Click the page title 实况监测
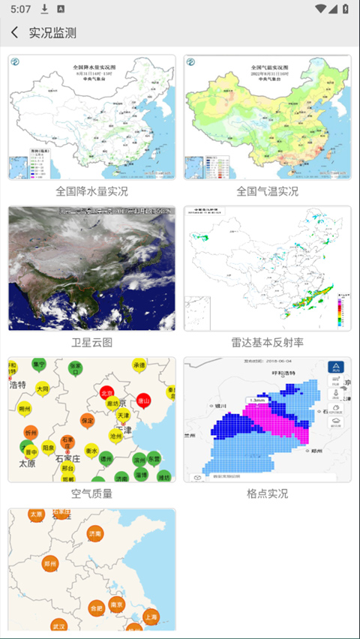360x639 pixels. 52,33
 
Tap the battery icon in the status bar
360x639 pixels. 344,9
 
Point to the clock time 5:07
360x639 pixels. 21,9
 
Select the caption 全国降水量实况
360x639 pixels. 91,191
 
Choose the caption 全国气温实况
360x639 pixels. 267,191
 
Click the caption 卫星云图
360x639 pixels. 91,343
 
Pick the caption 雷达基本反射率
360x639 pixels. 267,343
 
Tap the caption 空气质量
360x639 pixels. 91,493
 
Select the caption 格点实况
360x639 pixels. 267,493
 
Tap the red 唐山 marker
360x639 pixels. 143,401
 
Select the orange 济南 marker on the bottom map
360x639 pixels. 95,534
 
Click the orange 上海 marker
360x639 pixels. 151,616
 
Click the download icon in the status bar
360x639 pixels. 45,9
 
